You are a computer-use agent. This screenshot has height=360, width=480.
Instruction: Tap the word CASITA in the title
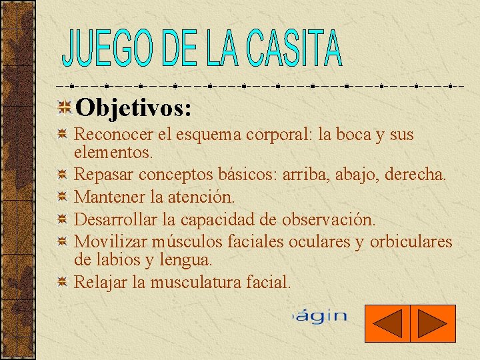294,49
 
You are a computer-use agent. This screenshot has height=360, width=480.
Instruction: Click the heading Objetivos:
133,107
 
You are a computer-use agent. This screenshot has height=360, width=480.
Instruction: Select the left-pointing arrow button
387,323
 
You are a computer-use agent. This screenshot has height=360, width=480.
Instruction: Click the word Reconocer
114,135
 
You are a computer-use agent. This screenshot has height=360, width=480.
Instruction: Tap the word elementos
113,152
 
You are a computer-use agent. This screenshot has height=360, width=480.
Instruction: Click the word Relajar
101,281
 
